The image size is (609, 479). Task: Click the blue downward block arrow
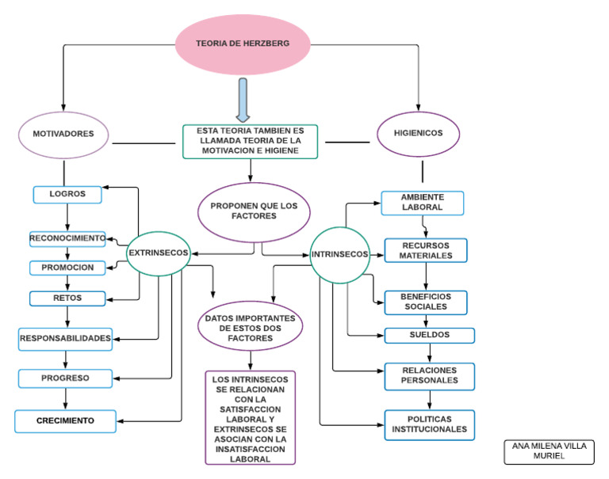point(243,99)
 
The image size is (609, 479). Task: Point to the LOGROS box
point(68,193)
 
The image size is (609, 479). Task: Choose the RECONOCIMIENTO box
point(67,238)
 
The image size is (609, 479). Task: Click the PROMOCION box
point(68,268)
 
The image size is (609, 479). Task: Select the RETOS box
point(68,298)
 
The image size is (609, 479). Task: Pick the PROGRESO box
point(66,378)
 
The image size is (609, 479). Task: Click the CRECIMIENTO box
point(65,420)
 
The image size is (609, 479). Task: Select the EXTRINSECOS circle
point(158,253)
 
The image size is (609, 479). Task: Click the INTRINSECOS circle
point(339,255)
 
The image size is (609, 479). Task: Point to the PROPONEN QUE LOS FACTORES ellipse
point(250,210)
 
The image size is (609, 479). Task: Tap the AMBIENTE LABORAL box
point(422,202)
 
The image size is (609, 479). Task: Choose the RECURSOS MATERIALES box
point(426,250)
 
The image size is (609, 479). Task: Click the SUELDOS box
point(430,335)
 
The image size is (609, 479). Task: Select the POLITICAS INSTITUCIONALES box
point(430,425)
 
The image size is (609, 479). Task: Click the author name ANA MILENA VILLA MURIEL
point(549,451)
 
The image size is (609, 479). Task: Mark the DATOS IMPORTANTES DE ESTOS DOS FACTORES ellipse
point(250,326)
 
